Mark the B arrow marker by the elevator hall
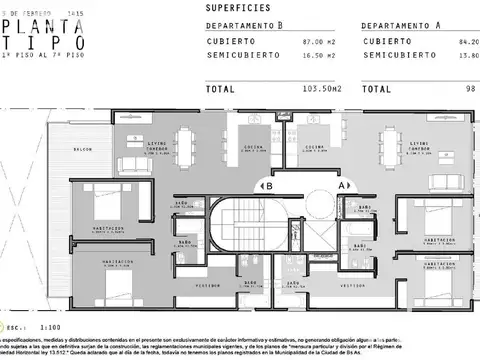coord(266,185)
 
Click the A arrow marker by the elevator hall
coord(343,185)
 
